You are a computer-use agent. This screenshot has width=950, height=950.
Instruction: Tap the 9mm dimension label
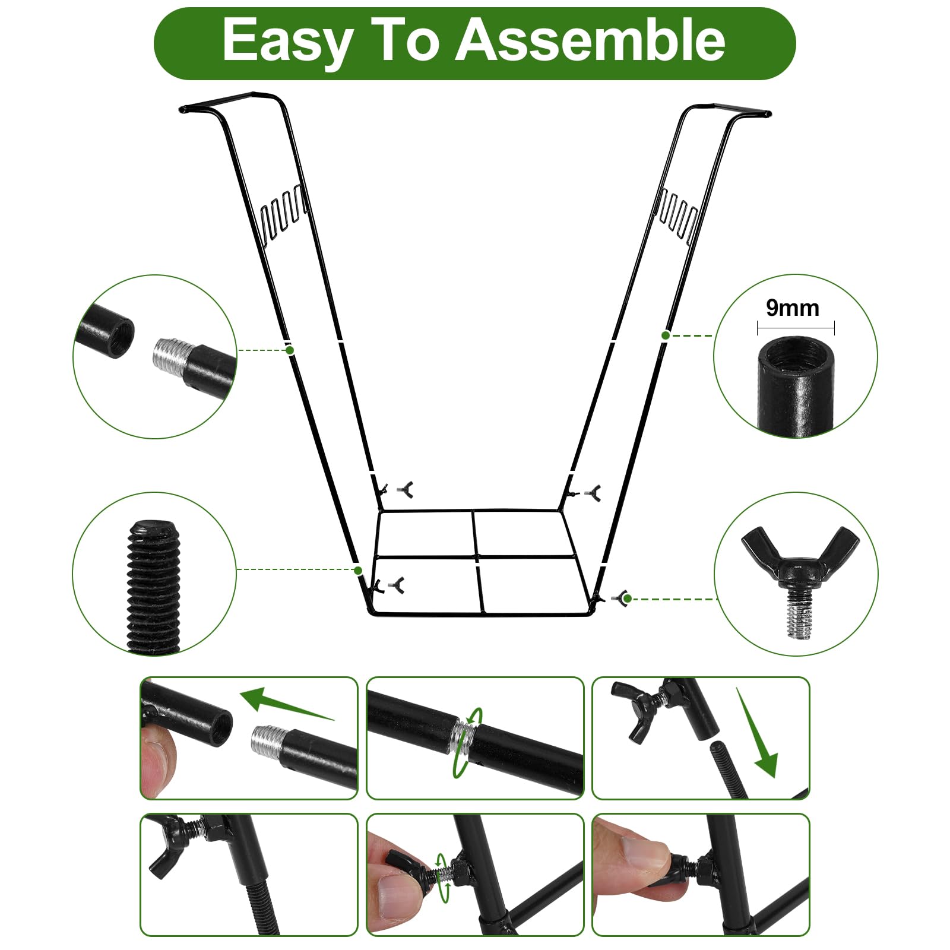(x=792, y=308)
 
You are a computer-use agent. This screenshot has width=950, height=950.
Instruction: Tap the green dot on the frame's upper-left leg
(x=290, y=350)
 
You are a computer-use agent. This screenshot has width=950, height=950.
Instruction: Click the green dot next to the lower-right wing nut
(x=628, y=598)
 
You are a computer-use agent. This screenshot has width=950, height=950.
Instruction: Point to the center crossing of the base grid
(x=476, y=557)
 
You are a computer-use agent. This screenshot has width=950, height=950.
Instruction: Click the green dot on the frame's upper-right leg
(x=666, y=335)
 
